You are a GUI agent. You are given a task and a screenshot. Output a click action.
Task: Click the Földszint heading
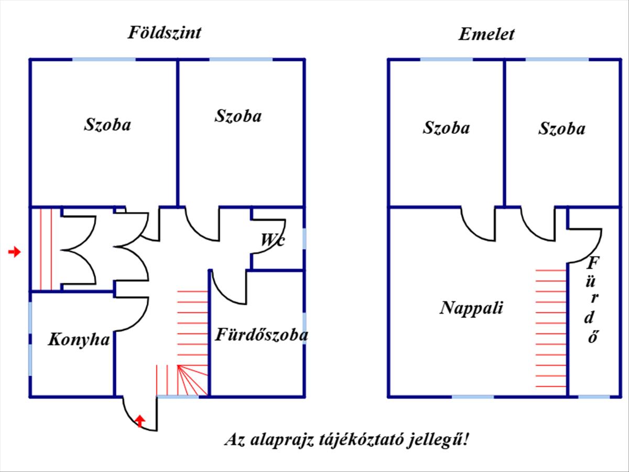pos(164,33)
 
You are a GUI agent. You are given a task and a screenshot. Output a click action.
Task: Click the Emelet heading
pos(486,35)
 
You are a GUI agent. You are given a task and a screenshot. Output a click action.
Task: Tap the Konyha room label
pos(79,340)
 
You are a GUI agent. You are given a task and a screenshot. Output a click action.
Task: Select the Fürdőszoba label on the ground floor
pos(261,335)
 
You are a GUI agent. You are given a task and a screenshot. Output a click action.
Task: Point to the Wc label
pos(273,241)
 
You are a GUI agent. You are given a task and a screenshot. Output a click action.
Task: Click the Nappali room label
pos(471,307)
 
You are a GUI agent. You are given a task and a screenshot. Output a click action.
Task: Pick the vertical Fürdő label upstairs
pos(593,299)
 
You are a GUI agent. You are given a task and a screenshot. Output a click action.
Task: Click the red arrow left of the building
pos(15,252)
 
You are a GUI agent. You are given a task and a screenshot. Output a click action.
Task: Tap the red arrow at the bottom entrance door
pos(140,420)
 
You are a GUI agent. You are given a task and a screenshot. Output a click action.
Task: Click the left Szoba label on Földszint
pos(107,125)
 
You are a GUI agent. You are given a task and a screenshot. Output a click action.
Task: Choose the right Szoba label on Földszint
pos(237,116)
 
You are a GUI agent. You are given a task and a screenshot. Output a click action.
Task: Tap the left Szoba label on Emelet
pos(446,128)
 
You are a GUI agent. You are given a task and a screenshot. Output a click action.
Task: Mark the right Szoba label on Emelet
pos(561,128)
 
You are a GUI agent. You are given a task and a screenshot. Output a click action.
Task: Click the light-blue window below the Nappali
pos(473,396)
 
